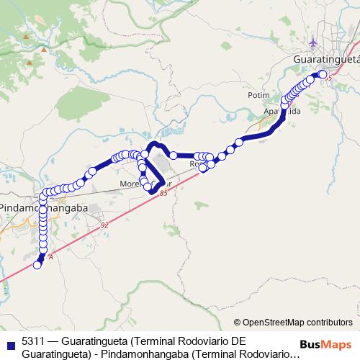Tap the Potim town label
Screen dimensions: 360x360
pyautogui.click(x=258, y=95)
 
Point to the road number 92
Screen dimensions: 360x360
pyautogui.click(x=105, y=225)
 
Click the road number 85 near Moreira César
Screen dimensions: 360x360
pyautogui.click(x=165, y=193)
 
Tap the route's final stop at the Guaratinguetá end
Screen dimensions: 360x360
pyautogui.click(x=323, y=74)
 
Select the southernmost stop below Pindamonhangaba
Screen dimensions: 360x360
pyautogui.click(x=37, y=264)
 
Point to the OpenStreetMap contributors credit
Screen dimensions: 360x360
pyautogui.click(x=297, y=322)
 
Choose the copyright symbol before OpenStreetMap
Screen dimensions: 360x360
pyautogui.click(x=238, y=322)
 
